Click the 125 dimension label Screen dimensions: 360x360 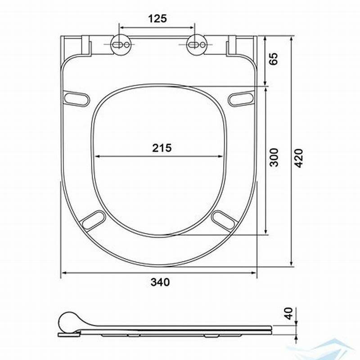point(157,18)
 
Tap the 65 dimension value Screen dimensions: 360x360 point(273,59)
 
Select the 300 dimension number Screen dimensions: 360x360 point(274,157)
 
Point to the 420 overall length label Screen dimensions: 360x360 point(299,158)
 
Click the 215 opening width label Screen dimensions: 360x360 point(162,148)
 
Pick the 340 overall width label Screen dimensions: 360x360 point(160,282)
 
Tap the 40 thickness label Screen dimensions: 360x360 point(288,313)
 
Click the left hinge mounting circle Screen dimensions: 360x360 point(121,45)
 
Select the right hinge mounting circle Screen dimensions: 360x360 point(197,45)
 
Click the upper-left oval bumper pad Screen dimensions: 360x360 point(76,98)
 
